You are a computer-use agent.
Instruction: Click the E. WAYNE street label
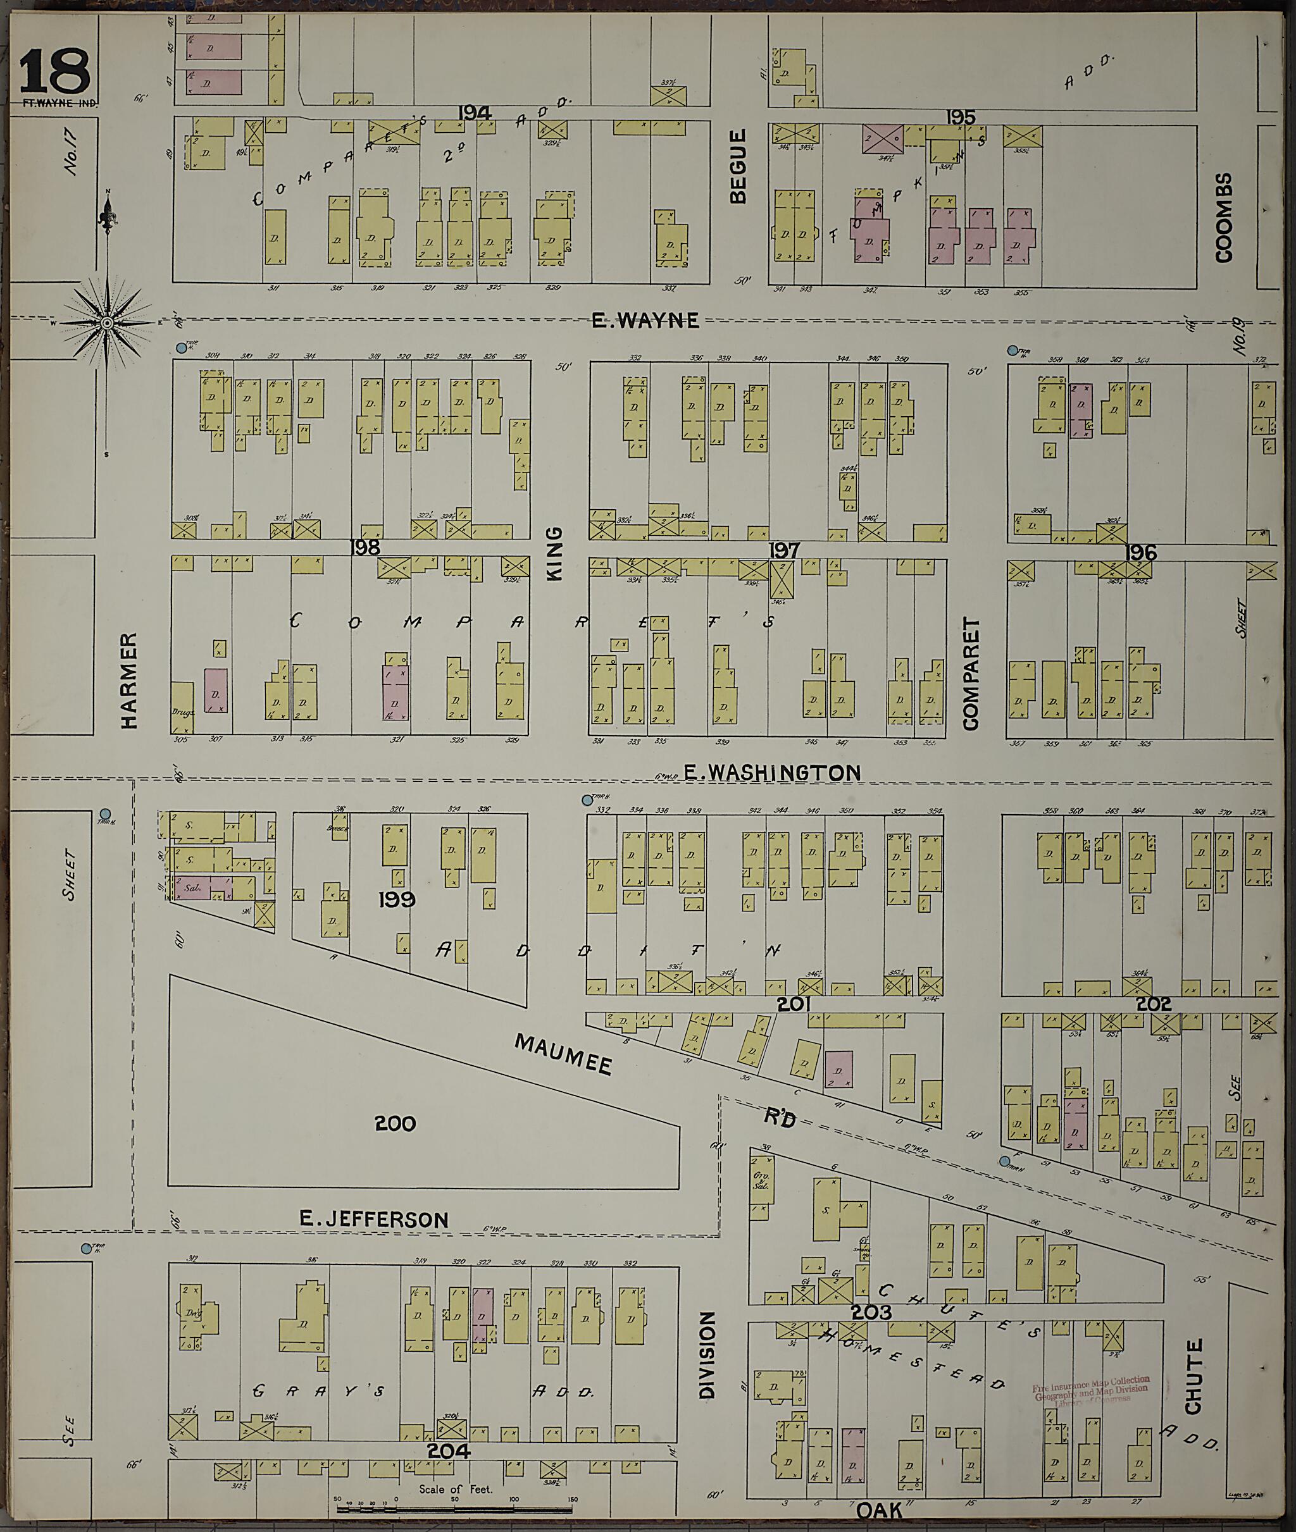645,320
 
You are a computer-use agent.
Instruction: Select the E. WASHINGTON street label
771,772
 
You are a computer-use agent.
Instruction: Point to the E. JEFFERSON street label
373,1219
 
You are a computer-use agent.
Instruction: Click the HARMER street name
128,681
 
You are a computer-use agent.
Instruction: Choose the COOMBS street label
1223,218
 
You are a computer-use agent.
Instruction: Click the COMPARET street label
971,674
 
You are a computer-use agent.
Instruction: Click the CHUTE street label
1193,1376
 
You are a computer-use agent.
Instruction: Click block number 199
397,899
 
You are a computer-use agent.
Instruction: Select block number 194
475,113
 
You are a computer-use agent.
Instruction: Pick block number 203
873,1312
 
